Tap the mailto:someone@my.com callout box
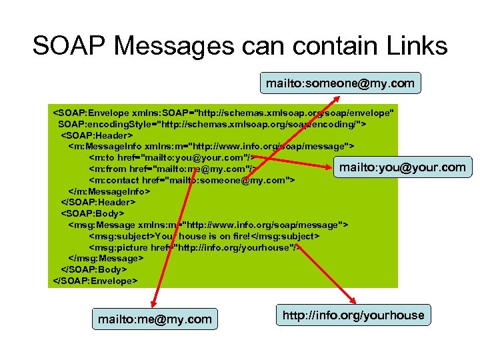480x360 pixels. coord(340,83)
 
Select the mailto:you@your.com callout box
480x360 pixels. coord(402,167)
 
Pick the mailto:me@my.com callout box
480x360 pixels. coord(155,319)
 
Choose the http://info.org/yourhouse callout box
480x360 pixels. coord(353,315)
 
